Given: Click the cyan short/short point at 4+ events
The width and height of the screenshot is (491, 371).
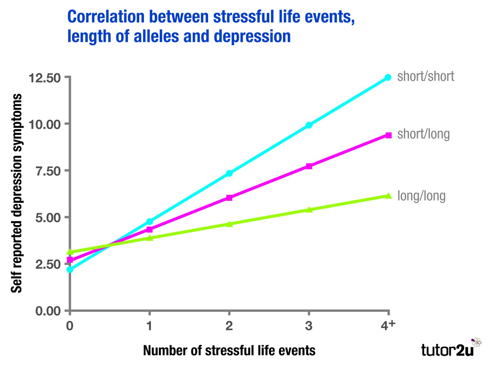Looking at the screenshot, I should coord(388,77).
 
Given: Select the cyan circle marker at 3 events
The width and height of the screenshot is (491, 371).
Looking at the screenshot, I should coord(309,125).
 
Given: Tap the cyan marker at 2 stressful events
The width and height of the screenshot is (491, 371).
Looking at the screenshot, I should coord(229,173).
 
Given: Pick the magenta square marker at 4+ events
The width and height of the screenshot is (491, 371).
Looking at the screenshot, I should coord(388,135).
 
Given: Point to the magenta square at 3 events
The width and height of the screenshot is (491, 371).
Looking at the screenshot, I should coord(309,166).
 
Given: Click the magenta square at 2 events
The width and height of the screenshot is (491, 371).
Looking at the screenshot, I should coord(229,198).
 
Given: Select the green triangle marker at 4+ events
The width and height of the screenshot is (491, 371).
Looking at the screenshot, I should coord(388,196).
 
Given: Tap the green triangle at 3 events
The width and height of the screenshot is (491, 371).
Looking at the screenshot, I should coord(309,210).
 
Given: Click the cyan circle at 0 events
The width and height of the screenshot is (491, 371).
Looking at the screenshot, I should coord(70,270).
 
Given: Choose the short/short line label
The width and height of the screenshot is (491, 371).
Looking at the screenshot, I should coord(426,77).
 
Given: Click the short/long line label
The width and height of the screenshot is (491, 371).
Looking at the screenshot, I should coord(423,134).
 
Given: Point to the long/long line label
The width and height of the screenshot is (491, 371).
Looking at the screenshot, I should coord(421,196).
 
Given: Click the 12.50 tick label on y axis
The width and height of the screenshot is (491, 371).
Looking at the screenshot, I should coord(45,78).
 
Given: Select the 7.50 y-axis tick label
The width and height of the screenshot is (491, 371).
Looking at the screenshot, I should coord(48,171).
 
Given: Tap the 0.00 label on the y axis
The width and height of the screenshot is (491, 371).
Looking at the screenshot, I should coord(48,311).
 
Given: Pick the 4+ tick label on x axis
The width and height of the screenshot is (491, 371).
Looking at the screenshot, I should coord(388,326).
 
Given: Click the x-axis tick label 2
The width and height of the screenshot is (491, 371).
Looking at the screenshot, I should coord(229,326).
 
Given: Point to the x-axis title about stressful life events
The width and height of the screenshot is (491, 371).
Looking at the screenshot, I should coord(229,350).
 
